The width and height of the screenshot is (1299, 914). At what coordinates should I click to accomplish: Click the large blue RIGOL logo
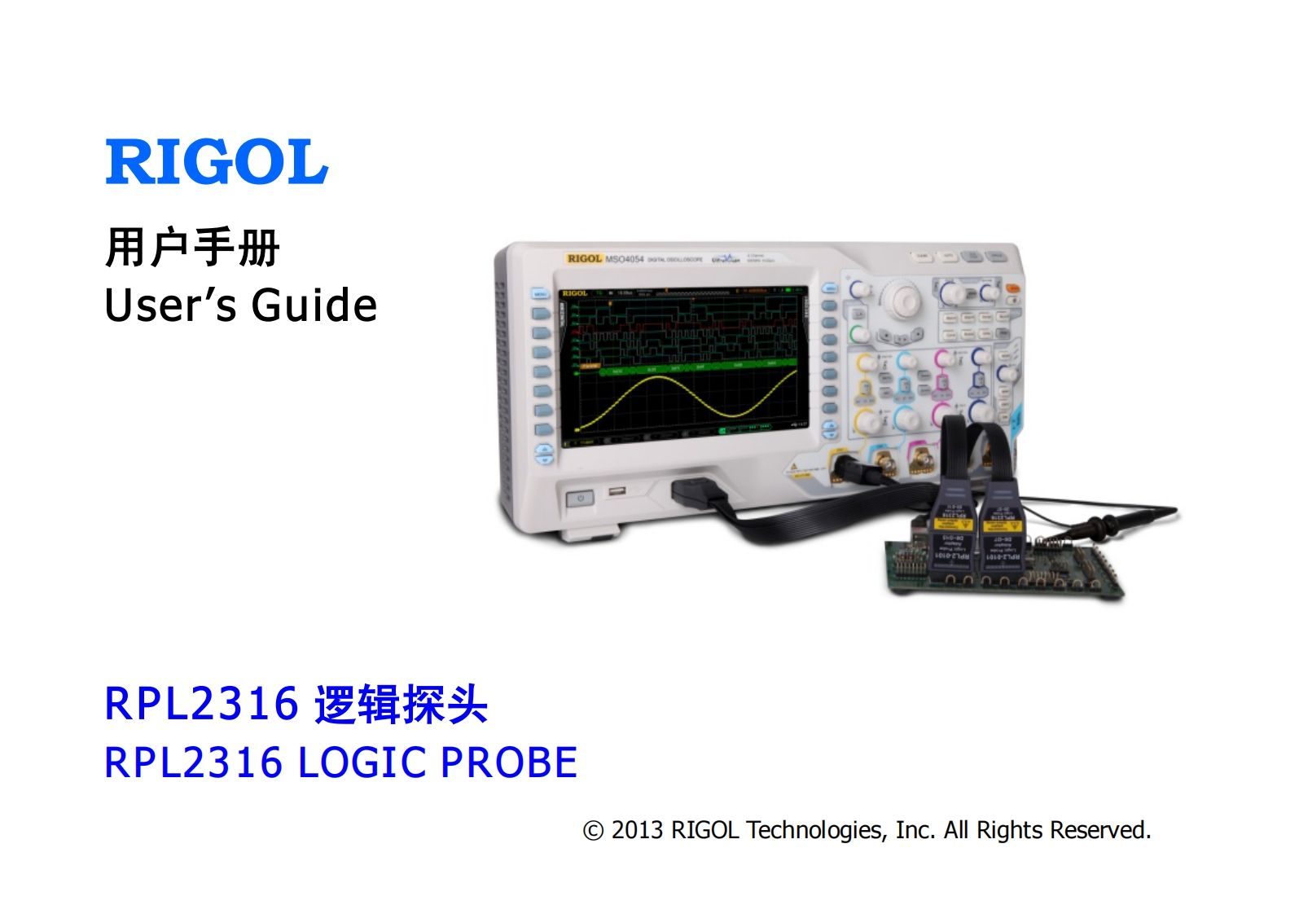[217, 162]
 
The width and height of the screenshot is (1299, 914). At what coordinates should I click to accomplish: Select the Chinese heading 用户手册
[192, 247]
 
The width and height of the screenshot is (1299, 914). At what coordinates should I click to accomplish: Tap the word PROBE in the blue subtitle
[508, 763]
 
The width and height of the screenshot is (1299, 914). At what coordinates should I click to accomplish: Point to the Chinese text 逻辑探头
[401, 705]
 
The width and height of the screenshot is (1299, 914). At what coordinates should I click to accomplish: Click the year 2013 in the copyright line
[637, 830]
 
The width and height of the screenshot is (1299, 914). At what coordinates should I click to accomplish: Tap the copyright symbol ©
[593, 831]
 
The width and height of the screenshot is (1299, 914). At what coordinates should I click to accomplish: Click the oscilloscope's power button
[580, 497]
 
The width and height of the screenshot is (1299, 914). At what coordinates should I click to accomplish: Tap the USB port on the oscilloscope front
[617, 491]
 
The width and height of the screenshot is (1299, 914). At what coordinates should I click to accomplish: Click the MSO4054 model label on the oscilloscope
[624, 259]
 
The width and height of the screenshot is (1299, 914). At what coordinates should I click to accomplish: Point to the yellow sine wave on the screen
[684, 399]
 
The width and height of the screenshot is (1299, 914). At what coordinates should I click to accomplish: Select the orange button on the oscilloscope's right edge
[1012, 288]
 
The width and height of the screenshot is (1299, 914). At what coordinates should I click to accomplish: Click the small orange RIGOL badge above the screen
[584, 258]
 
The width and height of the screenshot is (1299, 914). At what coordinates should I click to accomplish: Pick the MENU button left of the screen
[539, 293]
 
